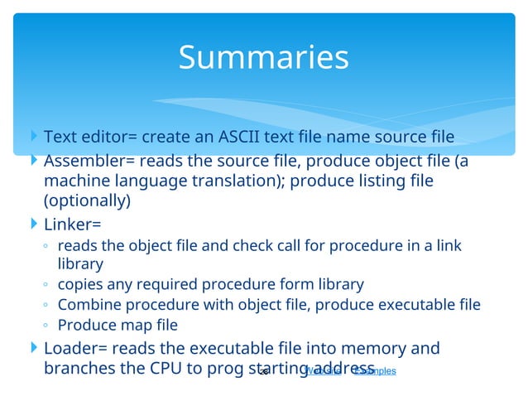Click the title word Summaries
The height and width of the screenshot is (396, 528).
tap(263, 57)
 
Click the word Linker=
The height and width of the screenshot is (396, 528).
tap(72, 224)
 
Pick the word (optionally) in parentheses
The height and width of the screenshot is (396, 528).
tap(87, 200)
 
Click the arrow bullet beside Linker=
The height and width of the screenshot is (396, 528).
tap(33, 224)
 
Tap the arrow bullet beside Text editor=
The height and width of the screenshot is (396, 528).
tap(33, 136)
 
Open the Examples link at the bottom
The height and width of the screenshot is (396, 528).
tap(374, 370)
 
